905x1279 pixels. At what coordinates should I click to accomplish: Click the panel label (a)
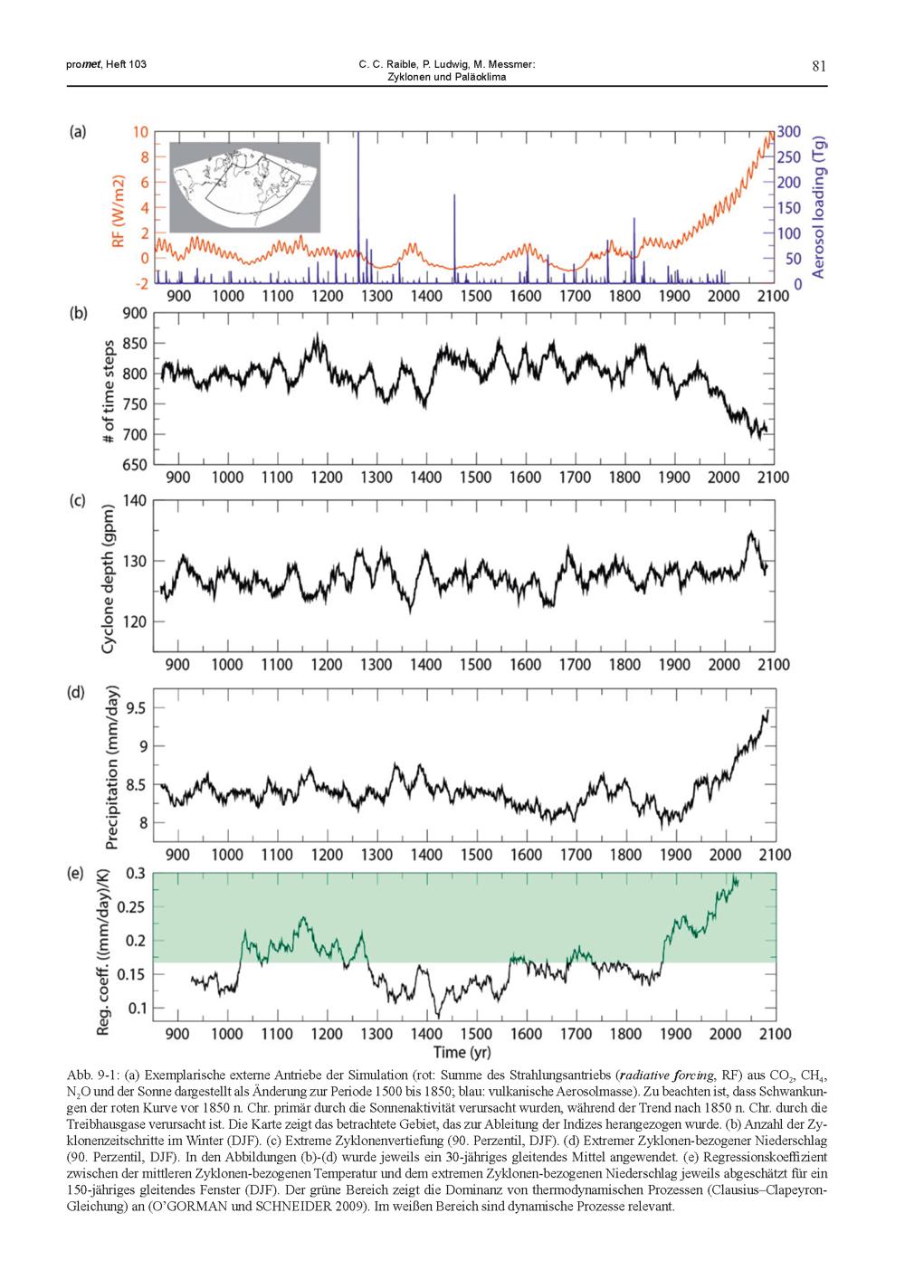point(78,131)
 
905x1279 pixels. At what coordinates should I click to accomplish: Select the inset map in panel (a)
point(245,186)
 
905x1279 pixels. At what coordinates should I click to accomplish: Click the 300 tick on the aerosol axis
point(789,132)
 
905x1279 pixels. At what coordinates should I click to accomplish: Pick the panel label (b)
point(78,314)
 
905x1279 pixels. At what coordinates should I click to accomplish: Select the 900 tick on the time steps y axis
point(134,314)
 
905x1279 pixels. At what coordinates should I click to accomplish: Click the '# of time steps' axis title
point(108,391)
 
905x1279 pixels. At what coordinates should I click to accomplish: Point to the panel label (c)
point(78,500)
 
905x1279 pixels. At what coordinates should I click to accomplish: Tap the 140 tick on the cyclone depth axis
point(134,500)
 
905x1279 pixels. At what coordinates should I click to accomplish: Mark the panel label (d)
point(78,693)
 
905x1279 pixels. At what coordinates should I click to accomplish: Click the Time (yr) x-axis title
point(462,1052)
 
